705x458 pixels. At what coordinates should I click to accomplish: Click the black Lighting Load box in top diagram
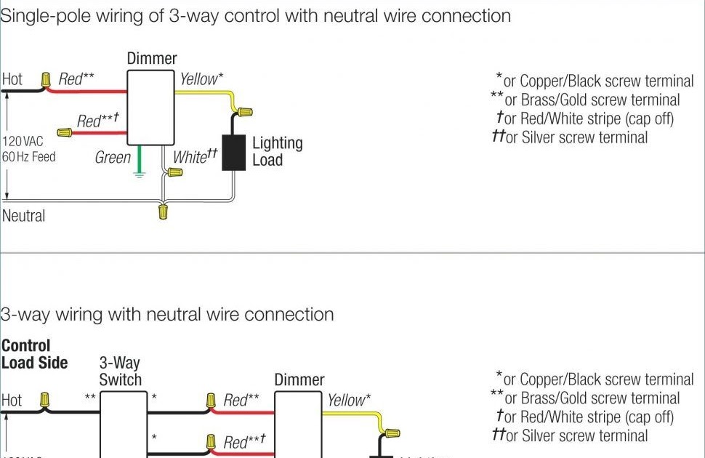(x=233, y=152)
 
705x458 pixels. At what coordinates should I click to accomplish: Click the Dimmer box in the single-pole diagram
(x=152, y=108)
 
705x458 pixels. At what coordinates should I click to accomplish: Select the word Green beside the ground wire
(x=113, y=157)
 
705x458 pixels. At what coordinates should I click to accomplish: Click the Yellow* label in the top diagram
(x=201, y=79)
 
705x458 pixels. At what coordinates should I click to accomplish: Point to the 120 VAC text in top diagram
(x=23, y=141)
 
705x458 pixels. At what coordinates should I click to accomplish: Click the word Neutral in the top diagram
(x=23, y=216)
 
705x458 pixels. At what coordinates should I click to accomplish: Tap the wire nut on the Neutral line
(x=164, y=212)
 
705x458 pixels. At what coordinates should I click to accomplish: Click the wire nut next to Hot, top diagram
(x=46, y=79)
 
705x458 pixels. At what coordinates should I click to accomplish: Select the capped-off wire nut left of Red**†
(x=65, y=133)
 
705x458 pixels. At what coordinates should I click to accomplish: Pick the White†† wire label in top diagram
(x=195, y=156)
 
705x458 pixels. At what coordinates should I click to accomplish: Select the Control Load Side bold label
(x=34, y=354)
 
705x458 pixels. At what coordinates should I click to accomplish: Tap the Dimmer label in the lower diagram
(x=299, y=379)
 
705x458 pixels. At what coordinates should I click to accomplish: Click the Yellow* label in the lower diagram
(x=348, y=399)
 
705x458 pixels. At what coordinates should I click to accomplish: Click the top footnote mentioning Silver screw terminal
(x=570, y=137)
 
